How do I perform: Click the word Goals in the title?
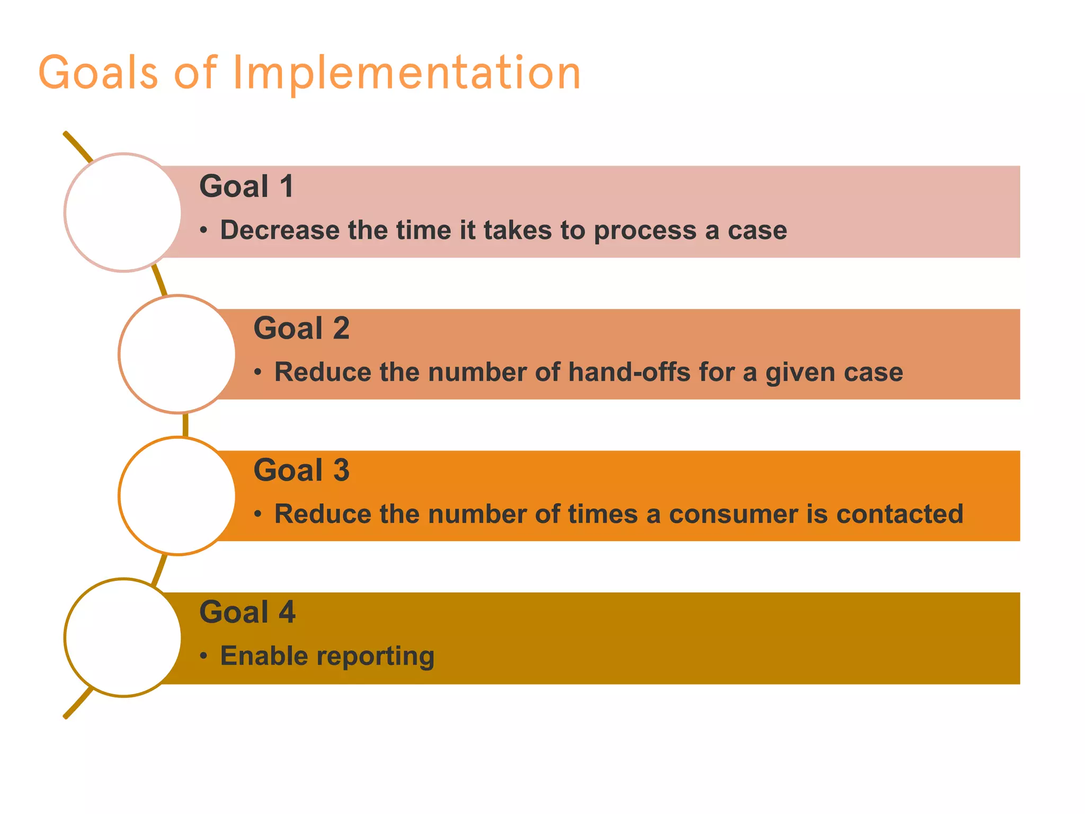[98, 73]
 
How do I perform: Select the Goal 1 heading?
[246, 187]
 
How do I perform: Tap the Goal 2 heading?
[301, 328]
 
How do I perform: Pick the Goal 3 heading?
[301, 470]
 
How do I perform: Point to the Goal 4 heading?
[247, 612]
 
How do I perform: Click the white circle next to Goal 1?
[123, 213]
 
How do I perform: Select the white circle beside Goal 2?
[177, 354]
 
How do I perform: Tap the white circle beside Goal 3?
[177, 496]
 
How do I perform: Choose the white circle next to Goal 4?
[123, 638]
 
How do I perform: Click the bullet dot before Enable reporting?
[203, 657]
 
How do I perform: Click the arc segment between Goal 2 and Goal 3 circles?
[185, 424]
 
